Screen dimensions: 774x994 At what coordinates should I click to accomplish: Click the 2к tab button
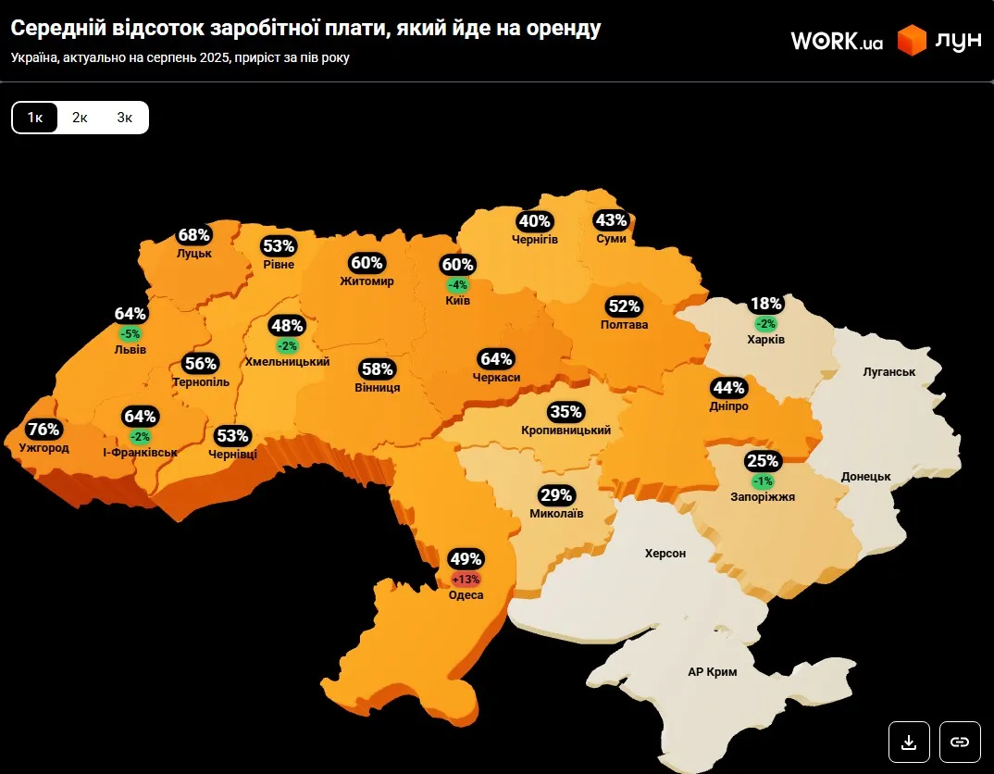click(x=80, y=118)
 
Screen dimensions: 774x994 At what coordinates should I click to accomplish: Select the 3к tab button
click(x=125, y=118)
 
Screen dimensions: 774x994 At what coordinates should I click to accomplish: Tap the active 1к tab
click(x=35, y=118)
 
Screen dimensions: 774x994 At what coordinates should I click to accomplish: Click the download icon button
click(x=909, y=742)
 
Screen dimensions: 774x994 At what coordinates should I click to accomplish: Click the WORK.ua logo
click(x=837, y=41)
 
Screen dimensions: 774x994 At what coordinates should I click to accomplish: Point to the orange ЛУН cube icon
click(x=912, y=41)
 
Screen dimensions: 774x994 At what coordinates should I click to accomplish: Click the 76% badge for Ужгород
click(x=43, y=430)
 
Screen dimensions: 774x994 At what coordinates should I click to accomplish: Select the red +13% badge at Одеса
click(x=466, y=579)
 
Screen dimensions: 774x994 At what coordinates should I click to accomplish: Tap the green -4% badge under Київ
click(x=457, y=284)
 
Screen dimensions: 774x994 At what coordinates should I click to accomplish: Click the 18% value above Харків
click(x=765, y=304)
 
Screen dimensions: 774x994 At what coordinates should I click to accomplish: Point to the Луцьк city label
click(x=194, y=253)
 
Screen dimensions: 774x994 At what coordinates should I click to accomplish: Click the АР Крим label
click(x=713, y=672)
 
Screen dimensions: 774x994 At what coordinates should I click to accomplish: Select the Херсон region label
click(x=665, y=553)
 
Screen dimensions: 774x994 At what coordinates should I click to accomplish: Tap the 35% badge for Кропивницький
click(x=565, y=411)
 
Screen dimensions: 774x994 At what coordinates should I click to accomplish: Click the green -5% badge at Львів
click(x=130, y=333)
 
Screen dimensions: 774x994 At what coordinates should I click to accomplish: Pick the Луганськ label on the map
click(x=888, y=371)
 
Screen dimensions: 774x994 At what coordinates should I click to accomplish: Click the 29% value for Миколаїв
click(x=556, y=494)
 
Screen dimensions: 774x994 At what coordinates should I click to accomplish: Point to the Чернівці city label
click(x=232, y=454)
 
